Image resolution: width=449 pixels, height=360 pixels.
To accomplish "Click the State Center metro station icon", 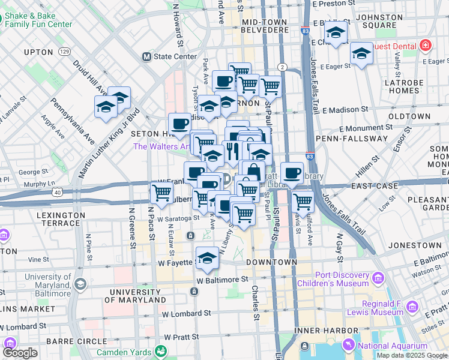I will (146, 57).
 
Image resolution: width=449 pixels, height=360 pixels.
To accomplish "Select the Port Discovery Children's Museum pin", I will (378, 278).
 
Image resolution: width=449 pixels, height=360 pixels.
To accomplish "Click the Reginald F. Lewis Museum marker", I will (412, 307).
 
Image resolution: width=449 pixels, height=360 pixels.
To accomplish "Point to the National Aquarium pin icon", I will (348, 345).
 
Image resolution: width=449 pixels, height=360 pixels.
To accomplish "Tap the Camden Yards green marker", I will (160, 351).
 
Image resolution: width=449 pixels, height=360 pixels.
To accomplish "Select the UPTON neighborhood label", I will (40, 52).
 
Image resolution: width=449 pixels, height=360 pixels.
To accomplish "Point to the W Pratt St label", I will (184, 337).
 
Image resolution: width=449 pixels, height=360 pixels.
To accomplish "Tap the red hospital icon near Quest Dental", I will (425, 46).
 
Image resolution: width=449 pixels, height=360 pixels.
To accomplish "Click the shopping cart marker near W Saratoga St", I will (162, 193).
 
